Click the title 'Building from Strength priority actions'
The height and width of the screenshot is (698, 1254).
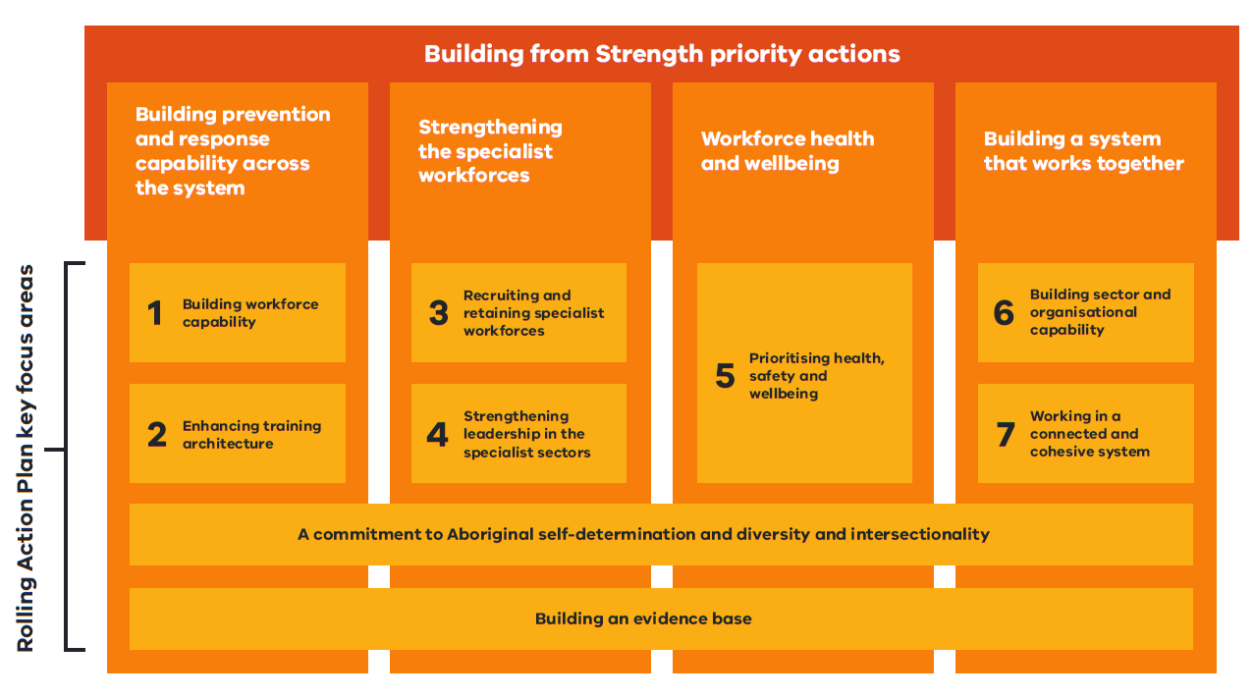662,53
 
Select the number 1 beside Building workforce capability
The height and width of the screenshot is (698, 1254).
154,313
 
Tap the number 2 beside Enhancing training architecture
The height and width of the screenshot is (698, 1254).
156,435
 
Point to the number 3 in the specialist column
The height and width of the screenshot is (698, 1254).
438,313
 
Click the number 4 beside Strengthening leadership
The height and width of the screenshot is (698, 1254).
437,435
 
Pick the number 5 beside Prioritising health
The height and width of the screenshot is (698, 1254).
725,376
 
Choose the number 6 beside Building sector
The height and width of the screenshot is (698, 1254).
1003,312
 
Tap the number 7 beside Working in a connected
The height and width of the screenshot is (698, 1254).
1005,434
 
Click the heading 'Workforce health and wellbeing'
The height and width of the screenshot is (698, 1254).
787,151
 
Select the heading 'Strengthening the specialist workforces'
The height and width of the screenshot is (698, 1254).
490,151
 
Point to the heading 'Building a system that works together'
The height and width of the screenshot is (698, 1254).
1083,151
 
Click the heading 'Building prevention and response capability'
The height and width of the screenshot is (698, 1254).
233,151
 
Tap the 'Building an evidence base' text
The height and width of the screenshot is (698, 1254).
643,618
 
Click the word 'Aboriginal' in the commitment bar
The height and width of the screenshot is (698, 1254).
490,534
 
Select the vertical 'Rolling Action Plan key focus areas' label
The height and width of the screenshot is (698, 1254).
27,457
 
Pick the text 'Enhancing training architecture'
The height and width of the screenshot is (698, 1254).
251,435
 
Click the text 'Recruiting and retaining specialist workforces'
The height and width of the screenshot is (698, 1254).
533,313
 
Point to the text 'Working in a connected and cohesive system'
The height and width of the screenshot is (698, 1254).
1089,434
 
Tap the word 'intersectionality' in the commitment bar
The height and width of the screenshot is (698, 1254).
920,534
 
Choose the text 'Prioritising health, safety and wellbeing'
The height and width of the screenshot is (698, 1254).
816,376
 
